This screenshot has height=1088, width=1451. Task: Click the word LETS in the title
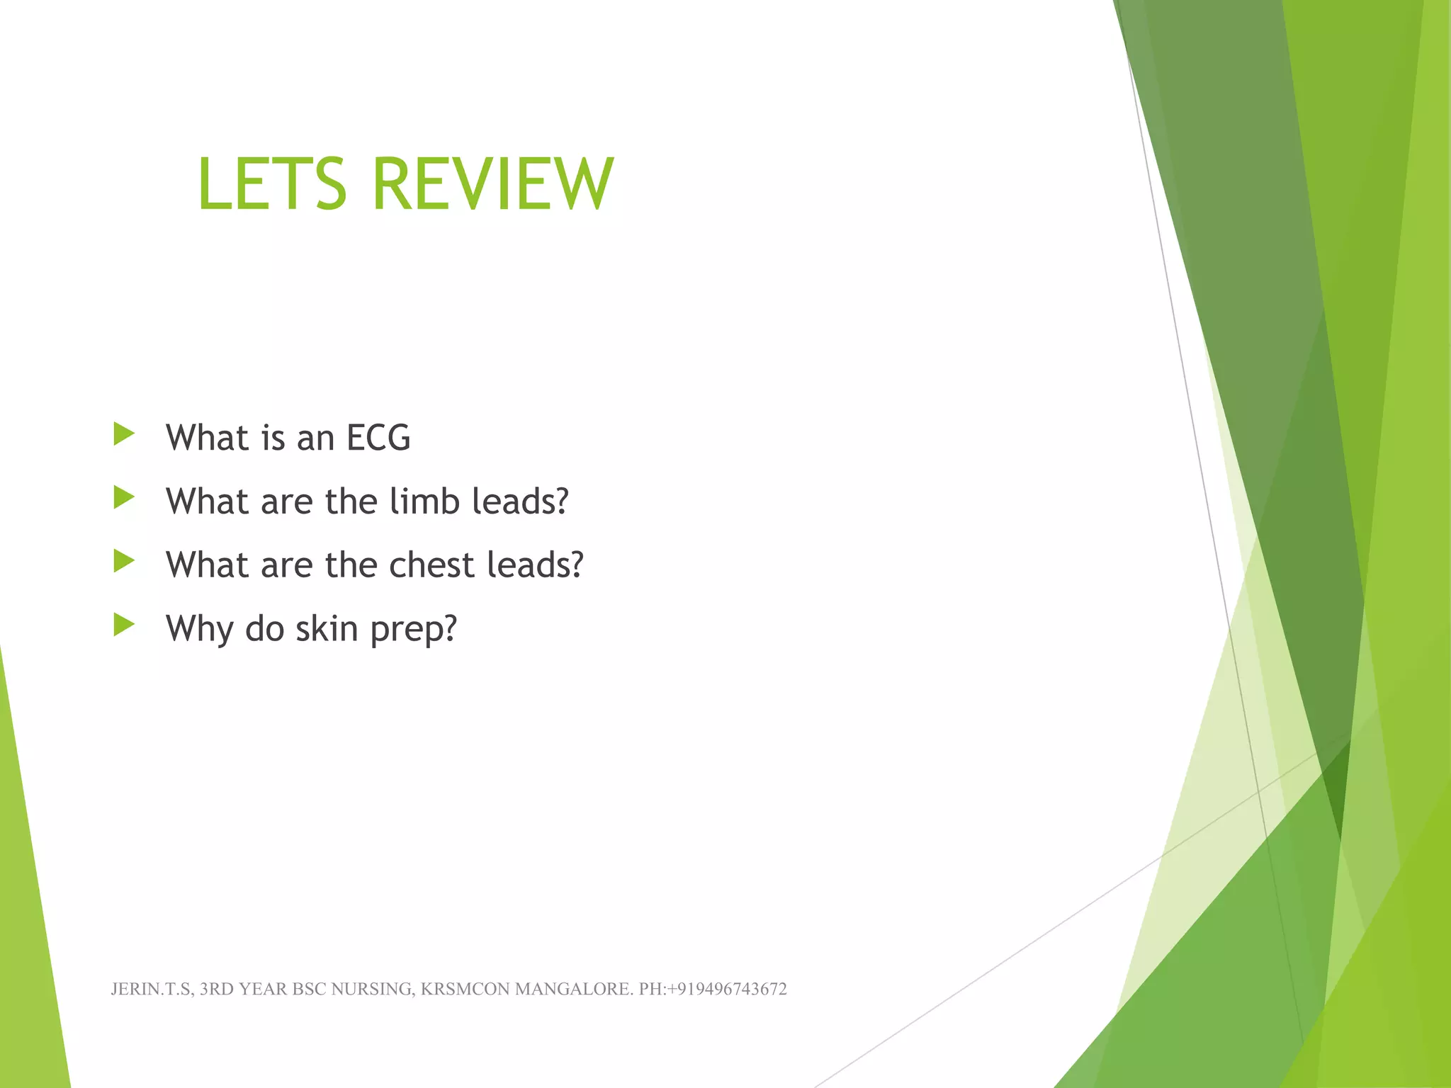[272, 184]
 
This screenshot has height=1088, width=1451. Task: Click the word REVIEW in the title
[492, 184]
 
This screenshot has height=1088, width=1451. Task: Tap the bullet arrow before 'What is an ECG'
[124, 434]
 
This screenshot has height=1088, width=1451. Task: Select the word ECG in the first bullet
[378, 438]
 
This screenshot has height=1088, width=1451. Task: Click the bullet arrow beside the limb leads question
[124, 498]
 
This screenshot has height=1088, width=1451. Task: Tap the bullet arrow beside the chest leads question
[124, 562]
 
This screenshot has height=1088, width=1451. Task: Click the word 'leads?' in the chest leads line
[536, 565]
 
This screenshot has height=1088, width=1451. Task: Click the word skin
[327, 629]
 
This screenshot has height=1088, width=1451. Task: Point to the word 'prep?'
[414, 629]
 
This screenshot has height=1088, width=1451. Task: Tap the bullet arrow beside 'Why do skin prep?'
[124, 625]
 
